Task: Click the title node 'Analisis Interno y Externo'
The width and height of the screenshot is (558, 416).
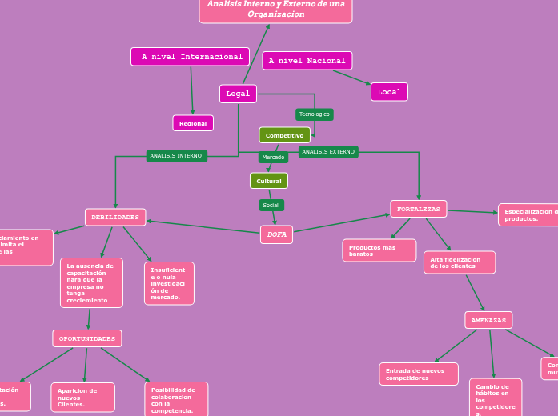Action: point(275,10)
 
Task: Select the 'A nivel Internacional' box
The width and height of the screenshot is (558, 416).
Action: point(190,57)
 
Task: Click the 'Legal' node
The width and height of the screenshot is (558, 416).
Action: point(238,94)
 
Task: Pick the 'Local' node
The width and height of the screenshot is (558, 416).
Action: point(389,92)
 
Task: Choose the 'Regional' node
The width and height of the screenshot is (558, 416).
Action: point(193,123)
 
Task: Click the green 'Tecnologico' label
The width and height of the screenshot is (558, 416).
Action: point(314,114)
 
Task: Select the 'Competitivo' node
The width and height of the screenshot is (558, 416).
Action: point(284,135)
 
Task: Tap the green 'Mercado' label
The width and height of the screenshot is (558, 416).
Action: point(273,158)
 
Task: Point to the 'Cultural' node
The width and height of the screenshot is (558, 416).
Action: point(268,181)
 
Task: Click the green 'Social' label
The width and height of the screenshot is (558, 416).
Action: point(271,206)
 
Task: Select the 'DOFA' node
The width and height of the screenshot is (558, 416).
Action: point(276,234)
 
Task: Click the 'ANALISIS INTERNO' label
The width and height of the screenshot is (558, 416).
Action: point(176,156)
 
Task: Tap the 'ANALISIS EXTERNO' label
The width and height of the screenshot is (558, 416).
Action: point(328,152)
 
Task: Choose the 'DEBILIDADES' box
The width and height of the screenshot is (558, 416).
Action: point(115,217)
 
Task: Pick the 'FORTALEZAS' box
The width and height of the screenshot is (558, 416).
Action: point(418,209)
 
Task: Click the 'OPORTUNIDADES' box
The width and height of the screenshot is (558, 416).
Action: point(87,338)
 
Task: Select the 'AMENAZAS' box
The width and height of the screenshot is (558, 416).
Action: point(488,320)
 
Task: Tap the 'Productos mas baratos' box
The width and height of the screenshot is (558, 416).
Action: point(379,250)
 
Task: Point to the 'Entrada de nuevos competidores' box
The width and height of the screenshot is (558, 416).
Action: point(418,374)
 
